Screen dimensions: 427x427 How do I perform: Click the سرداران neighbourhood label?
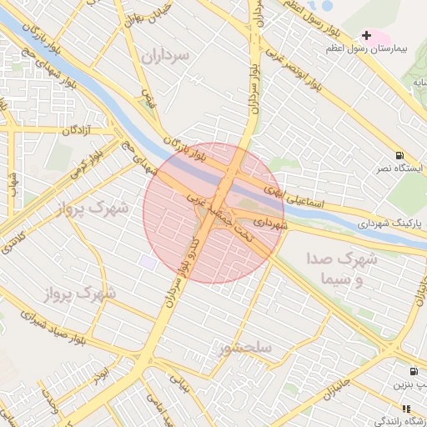tap(165, 56)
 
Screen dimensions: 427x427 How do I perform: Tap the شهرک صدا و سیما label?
tap(342, 269)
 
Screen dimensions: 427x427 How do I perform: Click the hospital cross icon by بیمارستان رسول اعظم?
tap(366, 35)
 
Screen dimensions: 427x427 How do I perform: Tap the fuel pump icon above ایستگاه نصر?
tap(401, 155)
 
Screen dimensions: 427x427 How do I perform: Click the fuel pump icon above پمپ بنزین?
tap(414, 371)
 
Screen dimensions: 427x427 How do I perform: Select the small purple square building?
tap(148, 262)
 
